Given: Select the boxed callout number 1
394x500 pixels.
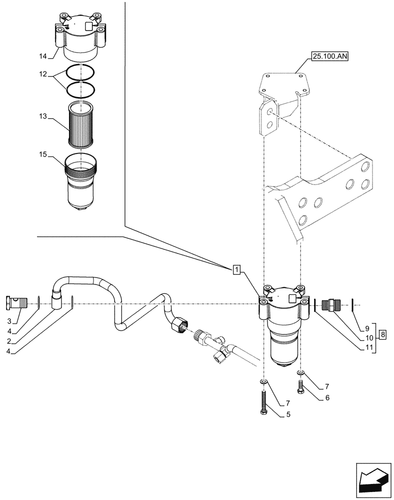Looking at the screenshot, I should point(236,270).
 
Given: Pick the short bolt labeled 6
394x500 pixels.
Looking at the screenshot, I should point(301,386).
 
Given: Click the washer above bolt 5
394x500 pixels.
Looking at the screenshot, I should point(263,382).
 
